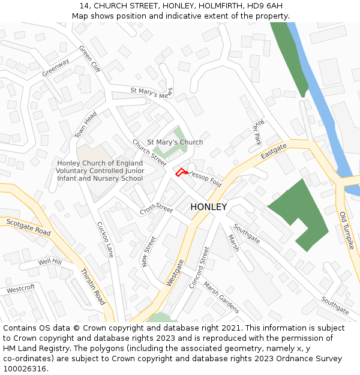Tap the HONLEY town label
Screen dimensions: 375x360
[209, 207]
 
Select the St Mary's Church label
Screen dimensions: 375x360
[175, 142]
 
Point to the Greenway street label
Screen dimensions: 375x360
[56, 67]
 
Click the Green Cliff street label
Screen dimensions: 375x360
[89, 59]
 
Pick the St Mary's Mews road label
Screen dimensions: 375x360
[151, 94]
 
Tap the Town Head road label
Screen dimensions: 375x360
[85, 124]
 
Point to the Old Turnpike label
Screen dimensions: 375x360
[347, 230]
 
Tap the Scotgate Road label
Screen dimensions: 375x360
[29, 227]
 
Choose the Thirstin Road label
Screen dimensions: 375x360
[93, 287]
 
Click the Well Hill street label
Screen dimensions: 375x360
[50, 262]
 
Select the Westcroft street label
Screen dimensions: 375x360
[21, 289]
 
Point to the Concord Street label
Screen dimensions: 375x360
[199, 267]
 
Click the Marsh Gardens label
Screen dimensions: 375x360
[221, 297]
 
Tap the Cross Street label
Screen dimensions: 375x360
[157, 210]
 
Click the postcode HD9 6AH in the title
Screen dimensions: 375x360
[262, 6]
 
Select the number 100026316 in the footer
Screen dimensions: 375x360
[23, 368]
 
